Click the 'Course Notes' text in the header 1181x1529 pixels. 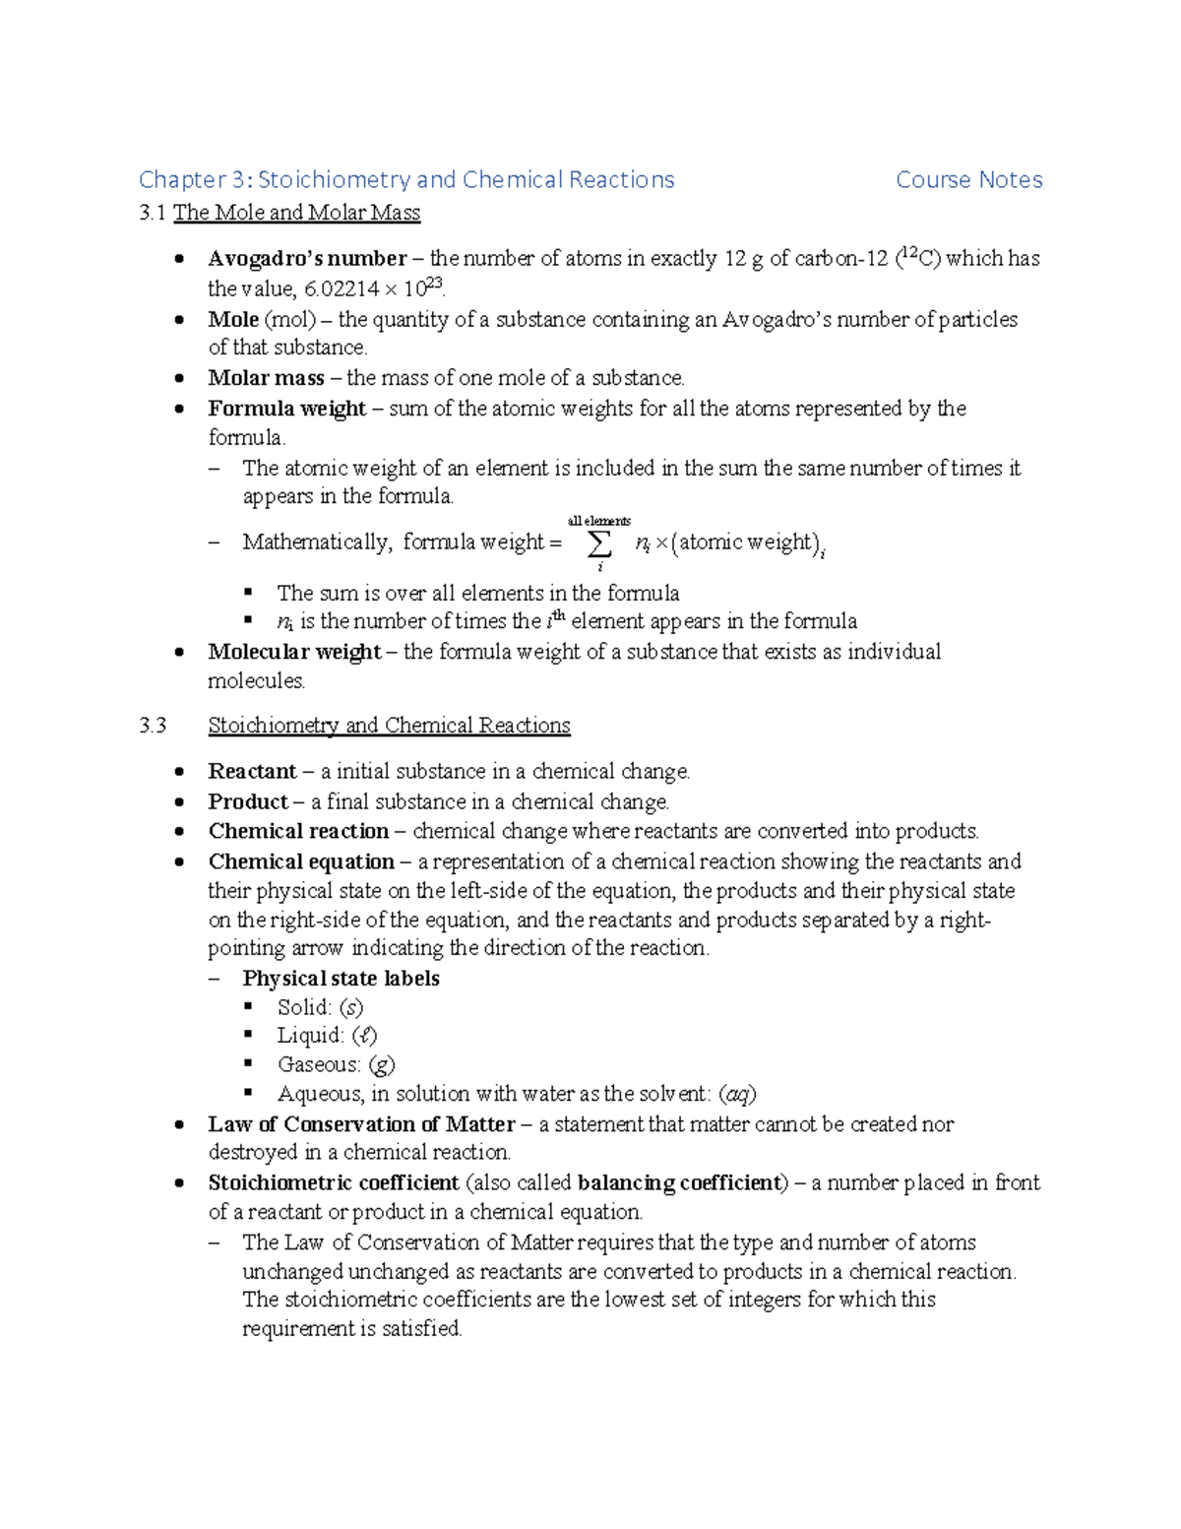[968, 179]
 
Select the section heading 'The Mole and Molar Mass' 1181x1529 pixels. [296, 213]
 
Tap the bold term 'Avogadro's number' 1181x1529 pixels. [307, 259]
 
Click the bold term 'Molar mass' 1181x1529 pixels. [266, 378]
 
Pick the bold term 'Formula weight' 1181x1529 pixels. [286, 409]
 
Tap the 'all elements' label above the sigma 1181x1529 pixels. [599, 521]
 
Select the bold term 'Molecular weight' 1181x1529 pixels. [294, 652]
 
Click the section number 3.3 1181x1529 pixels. [153, 726]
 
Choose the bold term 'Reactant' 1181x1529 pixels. [252, 771]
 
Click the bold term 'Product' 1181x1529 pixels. [248, 801]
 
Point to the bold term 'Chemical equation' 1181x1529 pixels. [301, 861]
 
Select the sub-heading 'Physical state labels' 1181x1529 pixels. [341, 979]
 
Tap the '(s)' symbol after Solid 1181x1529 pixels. [351, 1007]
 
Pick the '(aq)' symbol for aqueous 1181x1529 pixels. [737, 1094]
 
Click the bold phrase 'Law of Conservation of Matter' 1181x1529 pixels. [361, 1124]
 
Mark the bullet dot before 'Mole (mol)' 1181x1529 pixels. [178, 320]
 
